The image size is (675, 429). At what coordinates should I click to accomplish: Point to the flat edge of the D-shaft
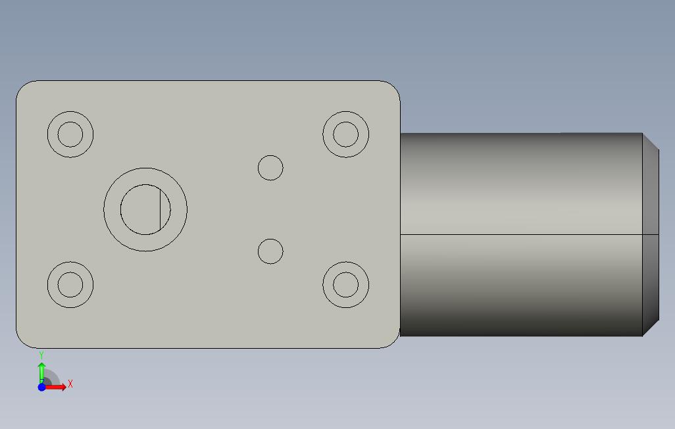click(x=160, y=210)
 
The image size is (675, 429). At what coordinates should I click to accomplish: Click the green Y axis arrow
click(x=41, y=372)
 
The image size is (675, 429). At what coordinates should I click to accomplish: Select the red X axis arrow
click(x=55, y=388)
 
